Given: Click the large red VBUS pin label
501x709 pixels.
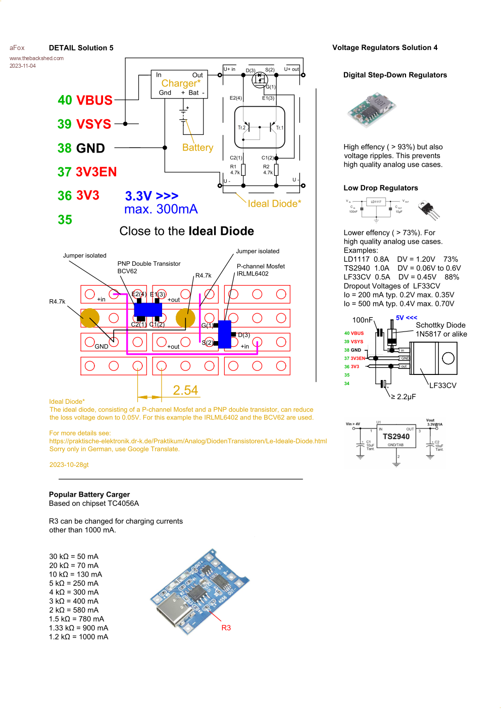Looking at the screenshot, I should (x=94, y=100).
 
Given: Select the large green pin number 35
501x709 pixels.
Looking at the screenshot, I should (x=65, y=220).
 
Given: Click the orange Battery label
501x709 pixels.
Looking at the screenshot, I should (x=197, y=148).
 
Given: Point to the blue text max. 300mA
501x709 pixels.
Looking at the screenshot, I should (x=161, y=209).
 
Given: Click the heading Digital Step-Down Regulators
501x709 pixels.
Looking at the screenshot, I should (x=395, y=75).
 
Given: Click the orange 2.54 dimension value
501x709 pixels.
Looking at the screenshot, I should (x=185, y=390).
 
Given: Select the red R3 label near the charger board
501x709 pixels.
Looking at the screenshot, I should (x=226, y=628).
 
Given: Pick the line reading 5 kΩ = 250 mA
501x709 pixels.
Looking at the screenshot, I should (x=74, y=583).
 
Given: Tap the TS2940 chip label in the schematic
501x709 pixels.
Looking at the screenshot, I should (x=396, y=437).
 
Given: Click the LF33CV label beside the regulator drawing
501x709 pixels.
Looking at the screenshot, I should (x=443, y=386).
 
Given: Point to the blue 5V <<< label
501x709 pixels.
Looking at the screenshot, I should (x=407, y=318).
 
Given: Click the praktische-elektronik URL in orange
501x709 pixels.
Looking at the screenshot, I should (x=188, y=441).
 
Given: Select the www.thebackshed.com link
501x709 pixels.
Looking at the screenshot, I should (x=36, y=58).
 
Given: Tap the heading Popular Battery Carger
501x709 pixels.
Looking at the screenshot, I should (x=89, y=494).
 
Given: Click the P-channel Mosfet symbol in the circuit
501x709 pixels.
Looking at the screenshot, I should (x=260, y=79).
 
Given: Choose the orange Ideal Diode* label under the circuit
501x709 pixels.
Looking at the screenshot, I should (x=274, y=204).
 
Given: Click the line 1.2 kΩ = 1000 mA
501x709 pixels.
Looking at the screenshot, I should (x=78, y=637).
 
